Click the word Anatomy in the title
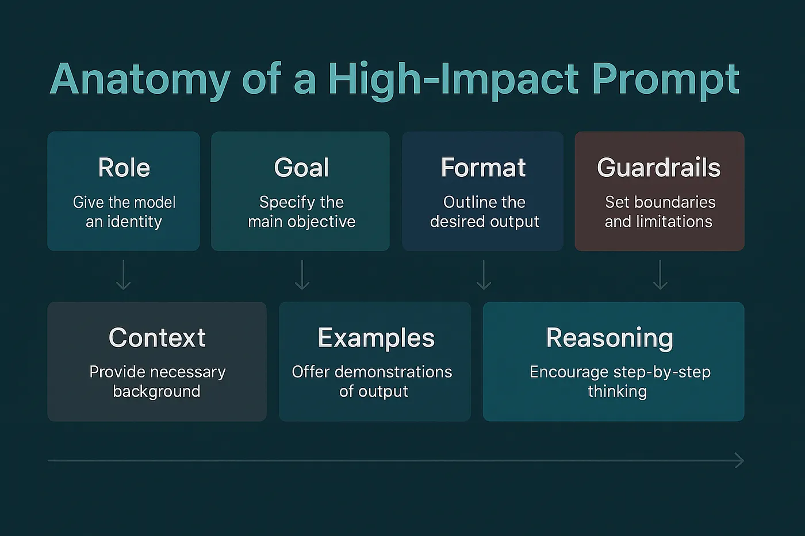(140, 79)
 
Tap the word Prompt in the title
(665, 79)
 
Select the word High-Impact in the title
(453, 79)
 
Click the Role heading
(124, 168)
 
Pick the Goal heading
(301, 168)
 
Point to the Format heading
(483, 168)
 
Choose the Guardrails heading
(658, 168)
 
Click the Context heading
(157, 338)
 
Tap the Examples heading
(376, 338)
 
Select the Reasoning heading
(609, 338)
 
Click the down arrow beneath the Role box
(124, 275)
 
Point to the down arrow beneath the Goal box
(302, 275)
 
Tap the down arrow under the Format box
(484, 275)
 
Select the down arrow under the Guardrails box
(660, 275)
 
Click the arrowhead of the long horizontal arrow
(739, 461)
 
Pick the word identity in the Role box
(134, 222)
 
